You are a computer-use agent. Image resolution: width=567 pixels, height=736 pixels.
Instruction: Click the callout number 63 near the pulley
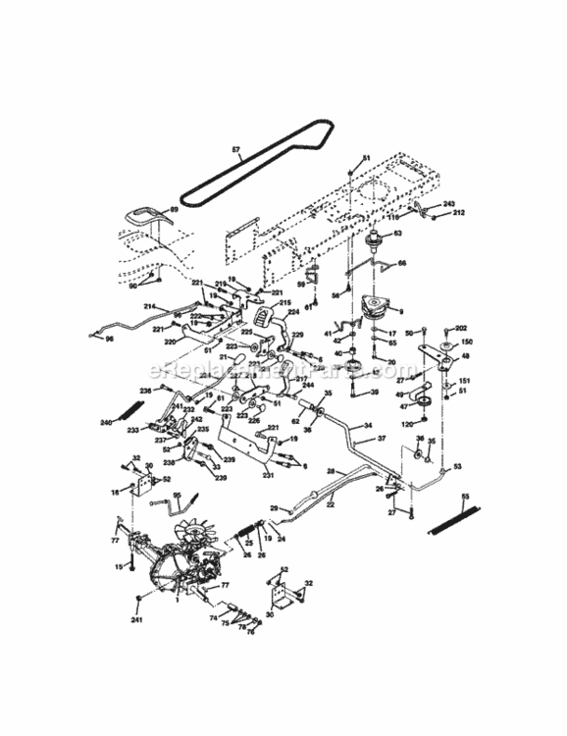(x=397, y=234)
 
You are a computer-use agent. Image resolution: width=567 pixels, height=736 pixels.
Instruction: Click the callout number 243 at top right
(x=449, y=203)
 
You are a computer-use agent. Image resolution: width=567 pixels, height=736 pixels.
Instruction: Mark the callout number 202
(x=461, y=327)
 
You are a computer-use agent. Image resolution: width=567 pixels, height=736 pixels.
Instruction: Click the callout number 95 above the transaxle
(x=178, y=496)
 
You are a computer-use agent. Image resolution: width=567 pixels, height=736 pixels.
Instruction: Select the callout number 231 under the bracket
(x=268, y=476)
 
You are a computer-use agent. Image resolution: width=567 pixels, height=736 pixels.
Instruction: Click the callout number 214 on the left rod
(x=150, y=306)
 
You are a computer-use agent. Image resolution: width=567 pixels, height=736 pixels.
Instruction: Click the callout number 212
(x=458, y=213)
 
